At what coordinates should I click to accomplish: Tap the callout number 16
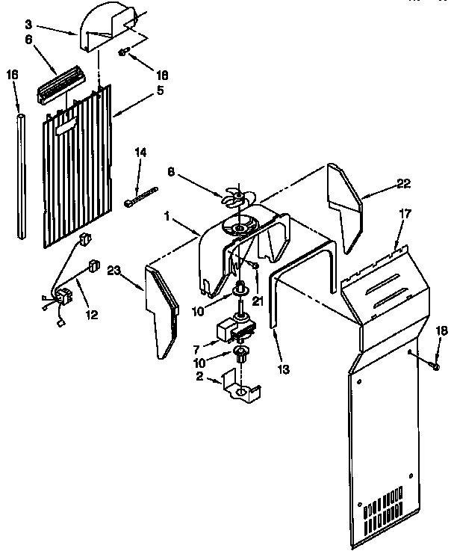[12, 75]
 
